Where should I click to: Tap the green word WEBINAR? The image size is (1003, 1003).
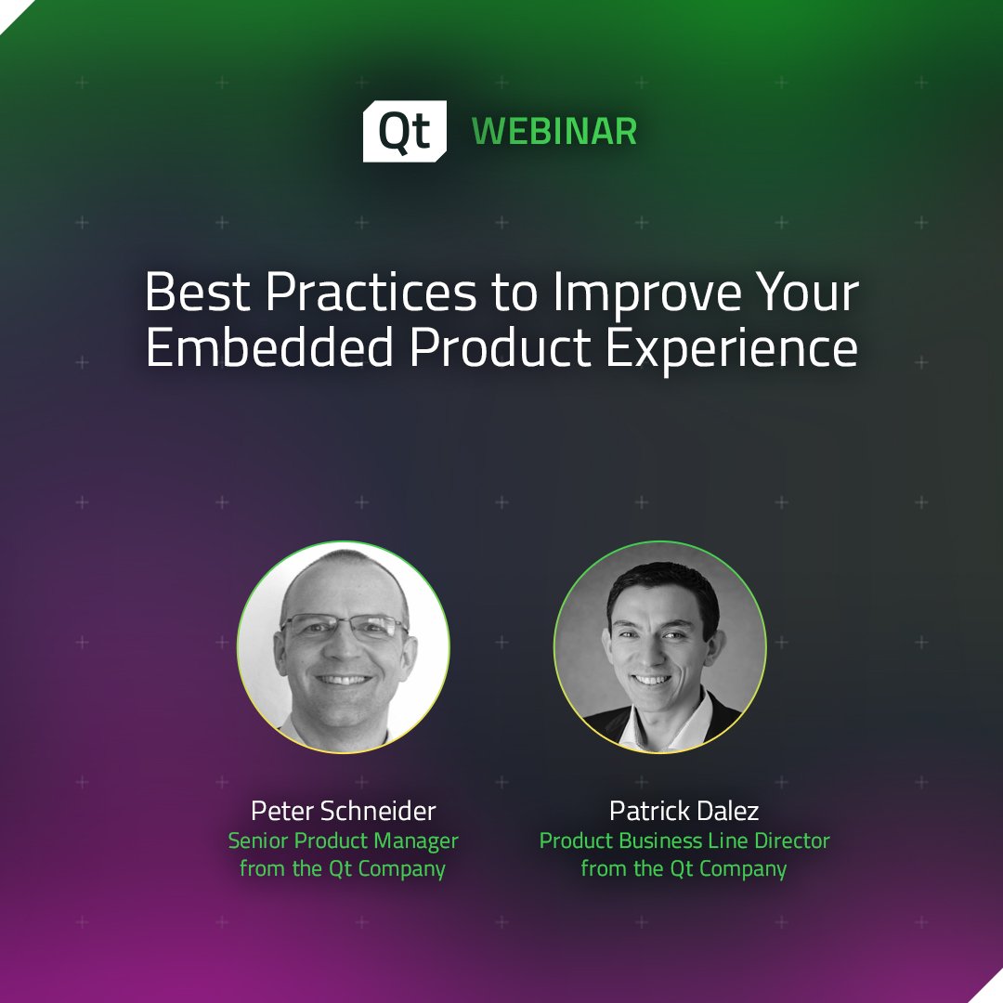click(554, 132)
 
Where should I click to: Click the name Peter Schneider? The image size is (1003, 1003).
click(343, 812)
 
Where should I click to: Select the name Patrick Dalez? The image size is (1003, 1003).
click(684, 812)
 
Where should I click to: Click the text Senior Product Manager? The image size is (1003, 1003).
click(344, 841)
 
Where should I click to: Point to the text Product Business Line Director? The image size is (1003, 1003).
click(684, 841)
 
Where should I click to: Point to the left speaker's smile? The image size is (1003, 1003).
click(345, 680)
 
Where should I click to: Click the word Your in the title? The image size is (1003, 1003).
click(803, 293)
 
